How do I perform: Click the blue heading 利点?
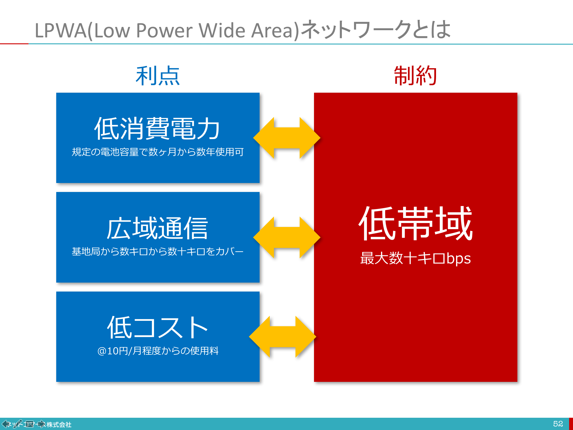point(158,76)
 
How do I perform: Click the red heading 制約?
point(415,76)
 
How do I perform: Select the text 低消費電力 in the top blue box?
point(158,129)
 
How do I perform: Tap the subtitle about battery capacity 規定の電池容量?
point(158,152)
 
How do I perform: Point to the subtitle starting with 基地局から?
point(158,251)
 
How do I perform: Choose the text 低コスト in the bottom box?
point(158,328)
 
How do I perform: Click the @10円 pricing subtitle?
point(158,351)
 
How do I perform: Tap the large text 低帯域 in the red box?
point(415,224)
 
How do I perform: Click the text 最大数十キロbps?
point(415,258)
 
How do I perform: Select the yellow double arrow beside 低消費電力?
point(286,138)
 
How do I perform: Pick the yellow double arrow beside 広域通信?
point(286,237)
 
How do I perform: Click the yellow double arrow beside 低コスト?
point(283,337)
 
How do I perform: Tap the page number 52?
point(558,424)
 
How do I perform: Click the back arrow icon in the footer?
point(6,424)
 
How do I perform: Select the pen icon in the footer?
point(17,424)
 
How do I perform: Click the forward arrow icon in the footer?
point(41,424)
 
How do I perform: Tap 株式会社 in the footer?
point(59,425)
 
